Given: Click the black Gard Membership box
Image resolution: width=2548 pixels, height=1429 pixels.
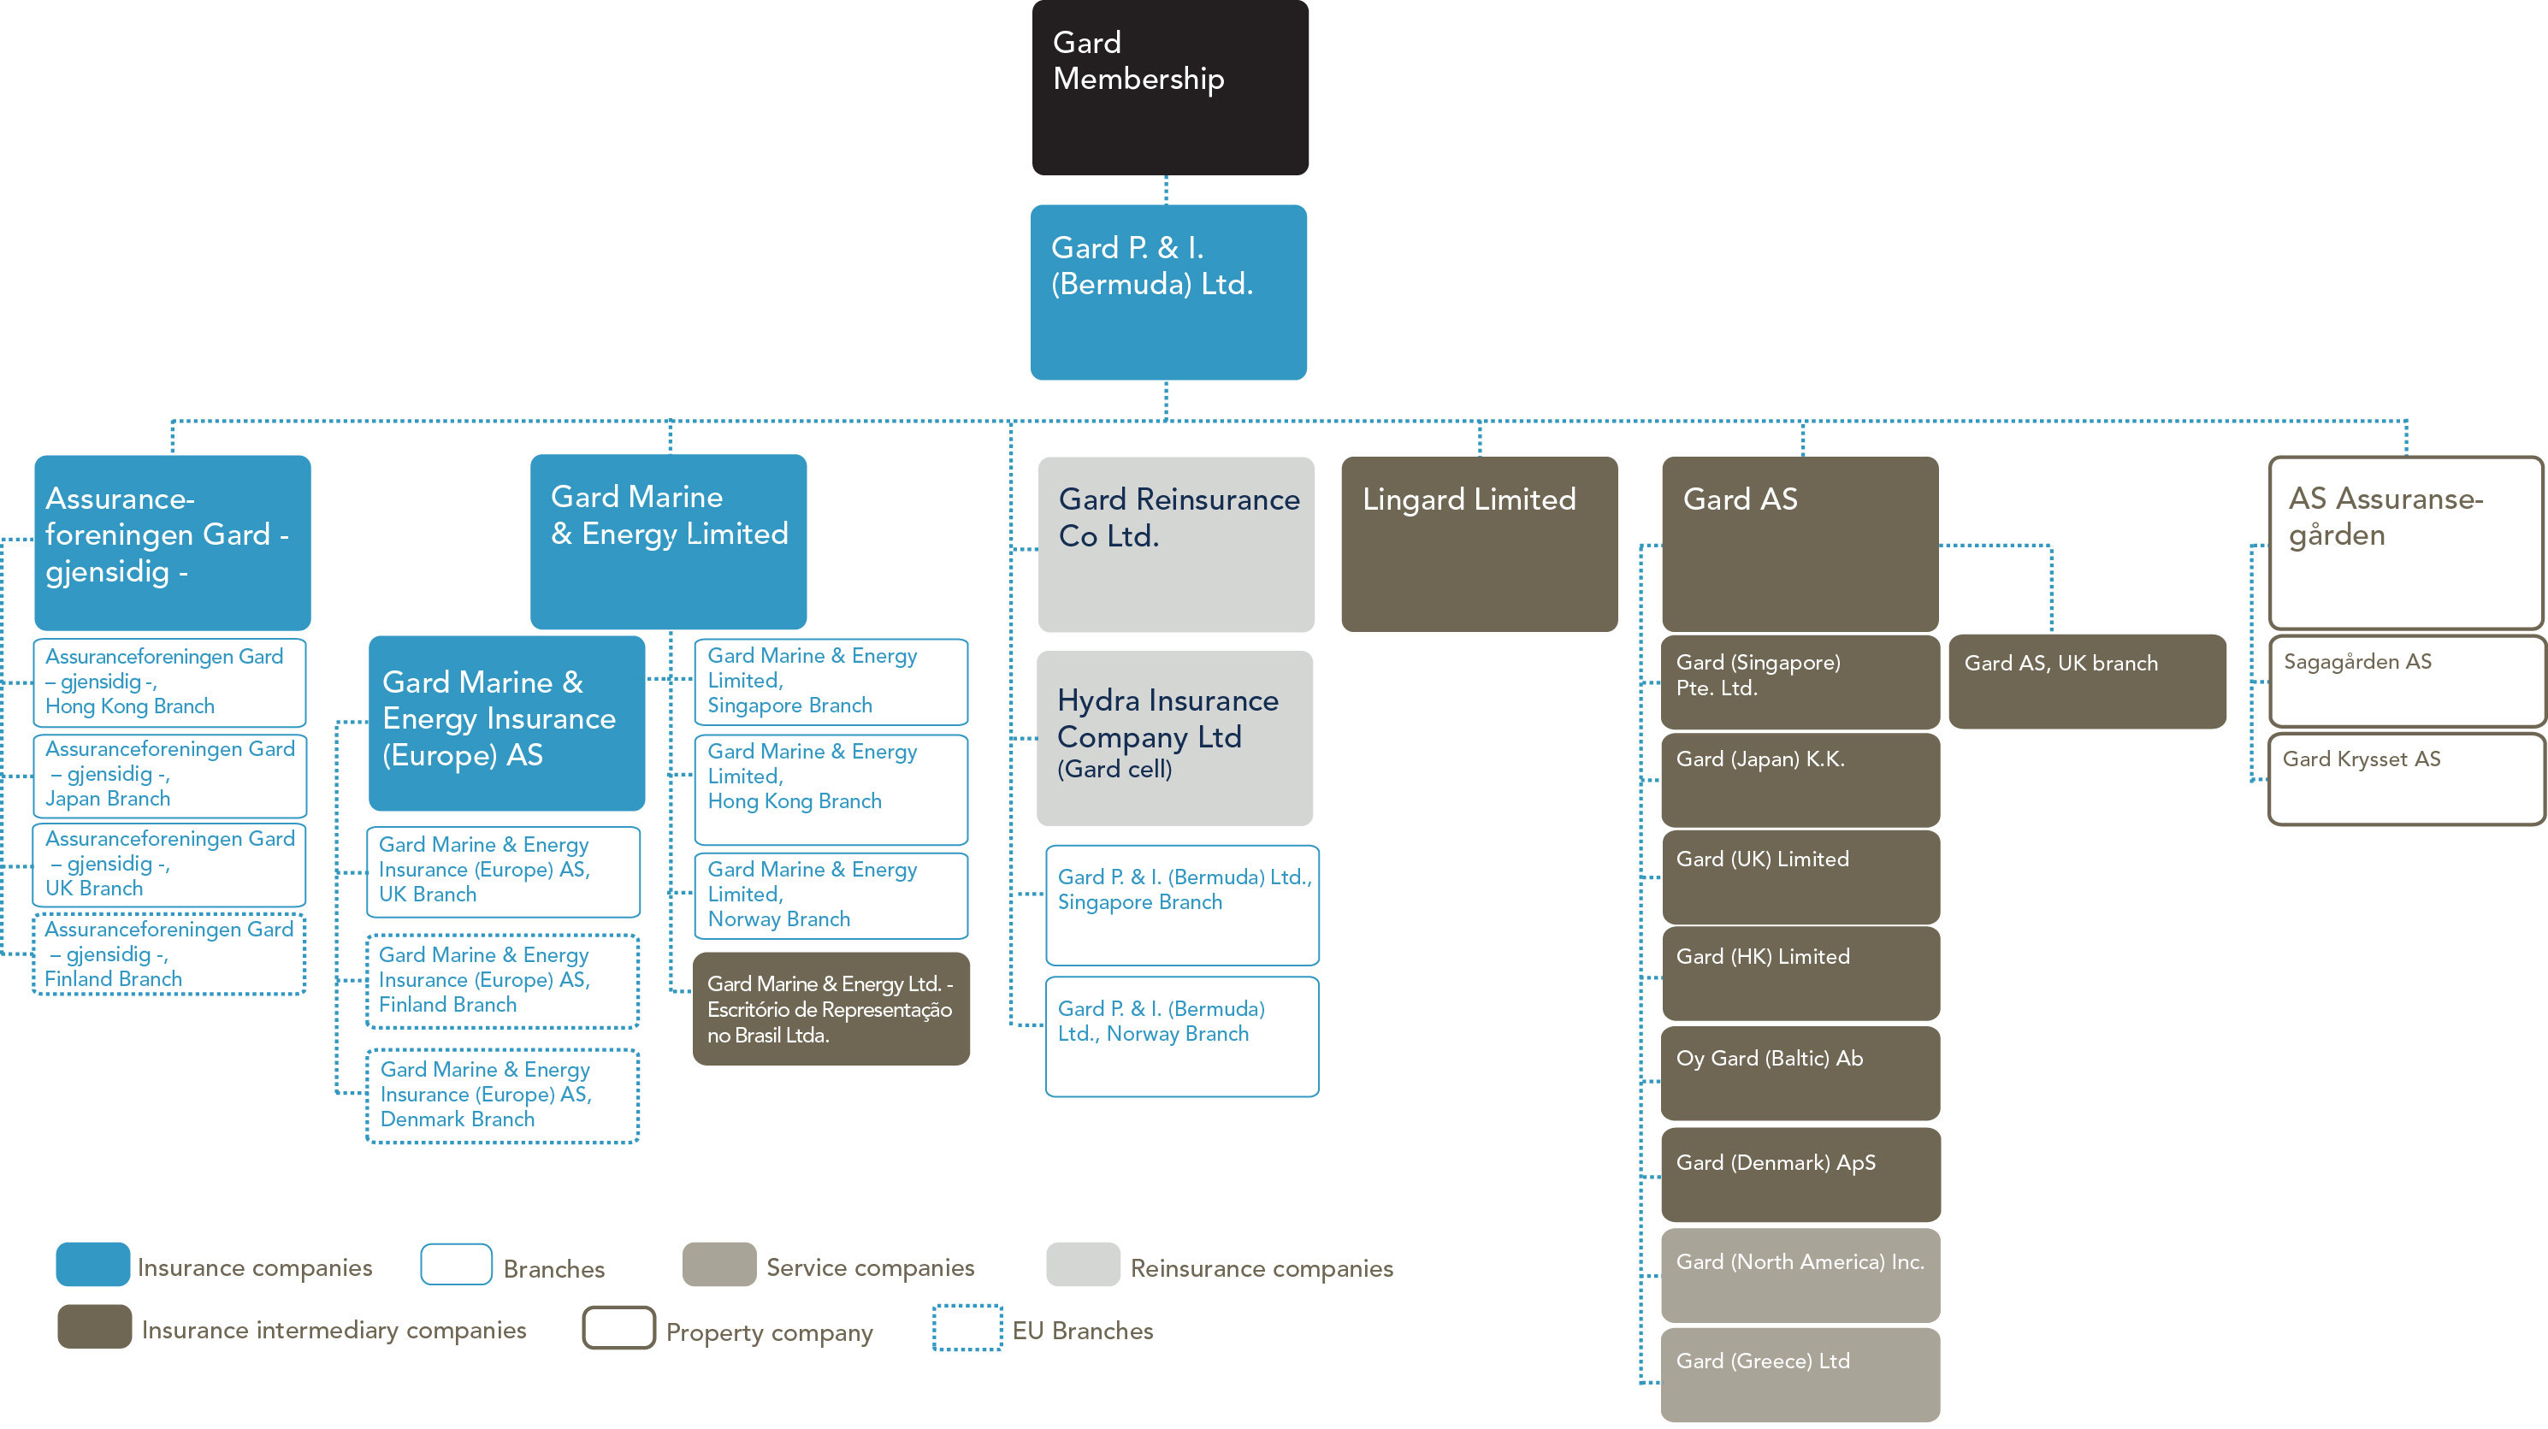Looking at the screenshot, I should (1169, 87).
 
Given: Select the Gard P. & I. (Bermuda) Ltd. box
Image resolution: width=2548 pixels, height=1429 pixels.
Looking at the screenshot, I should (1168, 292).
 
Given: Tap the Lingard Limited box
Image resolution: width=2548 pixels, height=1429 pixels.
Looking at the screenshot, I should (1479, 543).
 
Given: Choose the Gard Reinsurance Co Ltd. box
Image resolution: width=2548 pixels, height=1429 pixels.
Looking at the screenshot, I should (1175, 543).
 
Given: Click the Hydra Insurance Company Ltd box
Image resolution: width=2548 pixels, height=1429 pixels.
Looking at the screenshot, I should (1174, 738).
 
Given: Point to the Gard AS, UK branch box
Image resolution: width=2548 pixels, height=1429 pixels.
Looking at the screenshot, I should (2087, 682).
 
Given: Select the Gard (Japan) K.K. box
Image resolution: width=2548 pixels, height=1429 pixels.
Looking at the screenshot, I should (1800, 779).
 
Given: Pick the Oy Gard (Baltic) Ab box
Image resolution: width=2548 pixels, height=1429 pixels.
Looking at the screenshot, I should (1800, 1073).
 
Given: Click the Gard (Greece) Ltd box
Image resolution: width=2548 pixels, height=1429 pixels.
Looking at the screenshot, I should (1800, 1374).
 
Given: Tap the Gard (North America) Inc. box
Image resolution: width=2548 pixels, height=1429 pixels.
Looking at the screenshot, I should (1800, 1275).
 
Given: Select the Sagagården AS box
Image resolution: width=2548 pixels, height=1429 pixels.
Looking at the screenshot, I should (2405, 682).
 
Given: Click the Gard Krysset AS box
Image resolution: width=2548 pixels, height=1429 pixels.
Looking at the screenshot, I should (2405, 778).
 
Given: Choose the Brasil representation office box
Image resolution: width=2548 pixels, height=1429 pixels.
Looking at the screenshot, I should (831, 1009).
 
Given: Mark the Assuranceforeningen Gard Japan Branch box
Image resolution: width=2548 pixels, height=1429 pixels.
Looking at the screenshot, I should (169, 776).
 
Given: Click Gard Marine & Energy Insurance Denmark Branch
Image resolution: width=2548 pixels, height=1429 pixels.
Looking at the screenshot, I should (502, 1095).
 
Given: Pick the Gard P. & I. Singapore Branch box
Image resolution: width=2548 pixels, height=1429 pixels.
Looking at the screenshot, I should (1182, 905).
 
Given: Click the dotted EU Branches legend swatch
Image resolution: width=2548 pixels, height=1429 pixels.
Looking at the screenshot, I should (967, 1327).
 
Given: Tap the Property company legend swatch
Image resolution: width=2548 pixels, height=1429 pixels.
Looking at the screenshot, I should (618, 1327).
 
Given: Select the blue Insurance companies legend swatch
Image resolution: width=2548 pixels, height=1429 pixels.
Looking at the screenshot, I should (93, 1264).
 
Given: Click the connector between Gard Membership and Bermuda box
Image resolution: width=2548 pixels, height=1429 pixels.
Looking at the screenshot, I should (1166, 190).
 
